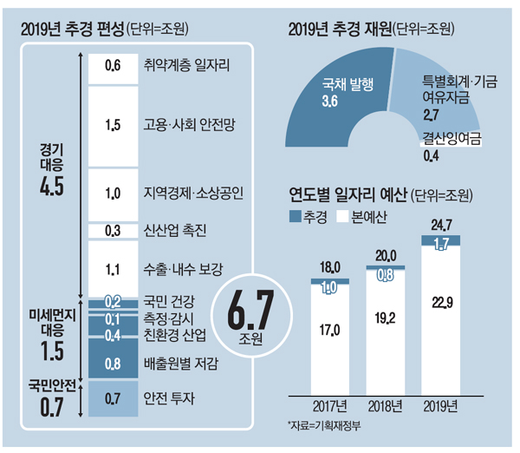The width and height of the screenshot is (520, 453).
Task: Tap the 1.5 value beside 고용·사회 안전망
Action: click(x=113, y=125)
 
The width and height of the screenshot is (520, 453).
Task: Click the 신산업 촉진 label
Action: click(x=173, y=231)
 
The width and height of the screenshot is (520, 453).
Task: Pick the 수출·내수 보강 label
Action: click(x=183, y=270)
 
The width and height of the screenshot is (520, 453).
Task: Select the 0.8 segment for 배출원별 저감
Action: click(x=113, y=363)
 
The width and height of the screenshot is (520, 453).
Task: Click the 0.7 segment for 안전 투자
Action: click(x=113, y=399)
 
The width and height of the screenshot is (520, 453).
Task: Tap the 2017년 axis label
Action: click(x=327, y=404)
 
